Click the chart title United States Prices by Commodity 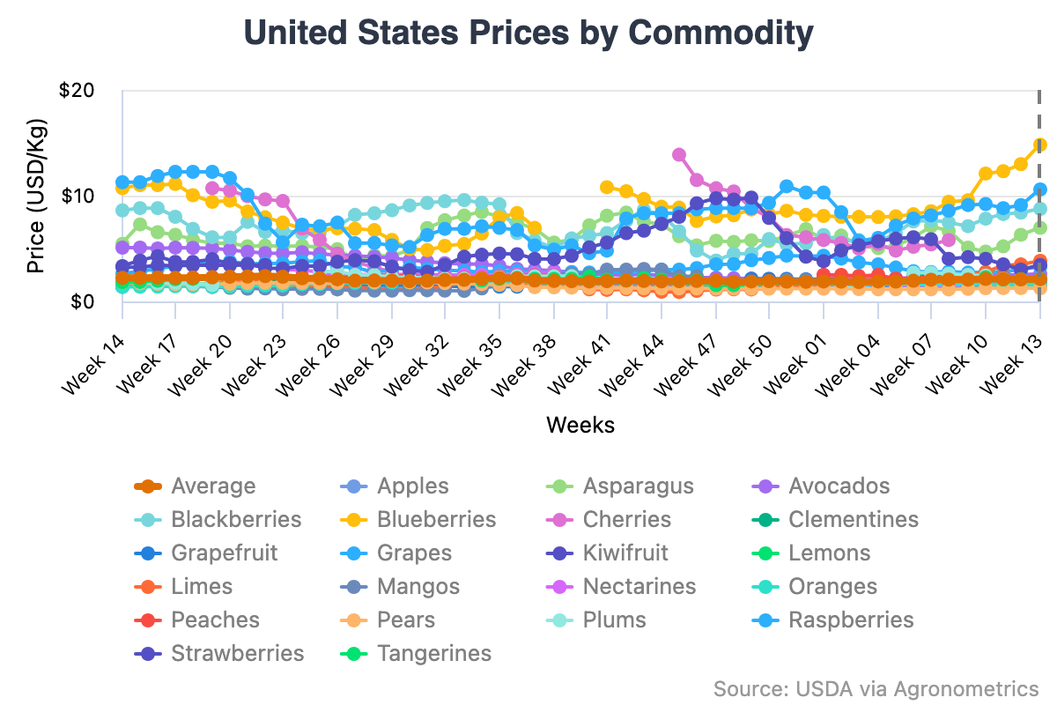click(528, 33)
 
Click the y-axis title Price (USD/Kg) click(35, 196)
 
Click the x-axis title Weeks click(580, 425)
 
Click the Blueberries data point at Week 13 click(1039, 145)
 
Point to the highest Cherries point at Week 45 click(679, 154)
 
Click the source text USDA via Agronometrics click(876, 688)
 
